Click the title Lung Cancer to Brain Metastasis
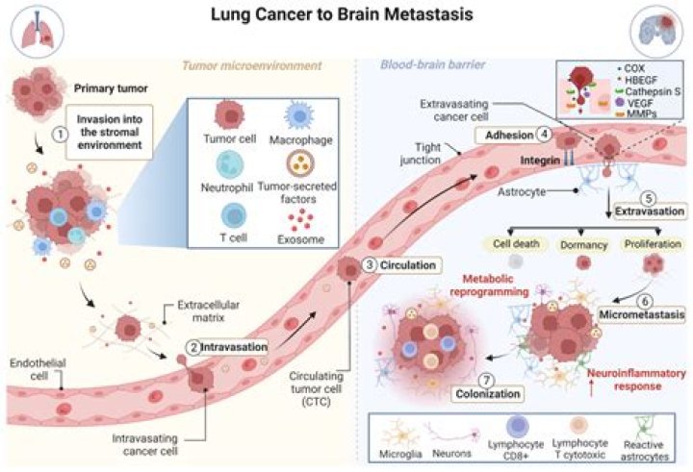[346, 16]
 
